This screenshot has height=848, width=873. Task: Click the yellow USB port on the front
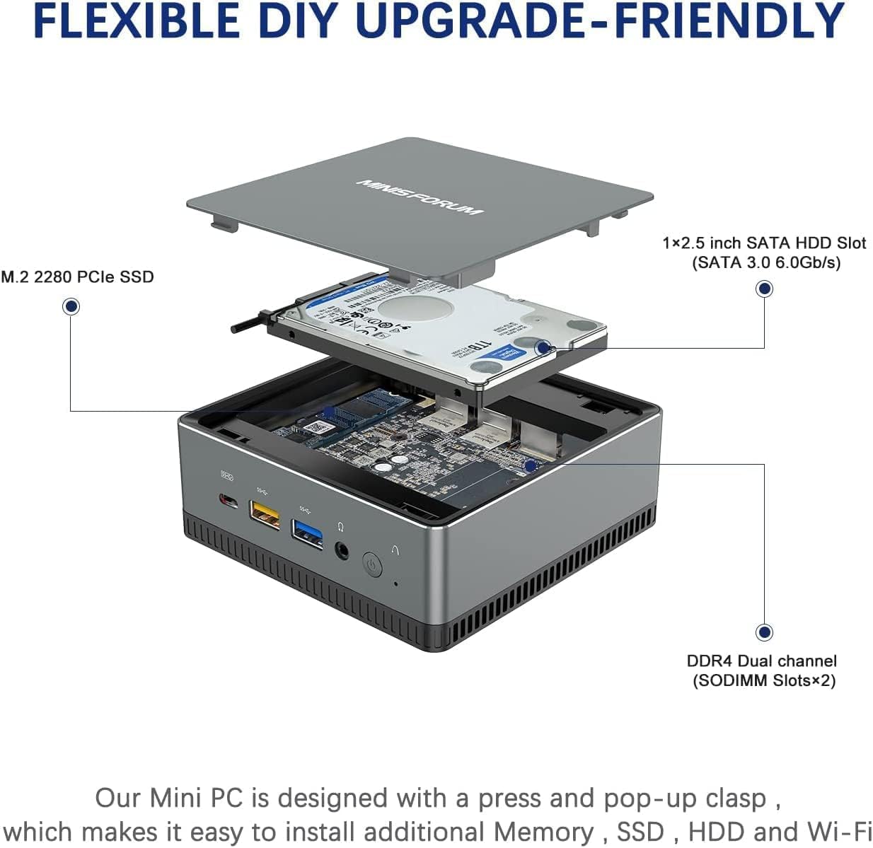tap(265, 516)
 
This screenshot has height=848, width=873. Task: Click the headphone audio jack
tap(343, 550)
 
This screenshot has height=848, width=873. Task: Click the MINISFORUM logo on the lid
tap(420, 196)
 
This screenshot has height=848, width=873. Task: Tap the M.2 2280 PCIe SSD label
tap(77, 277)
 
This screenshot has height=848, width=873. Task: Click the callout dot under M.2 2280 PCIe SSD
tap(71, 306)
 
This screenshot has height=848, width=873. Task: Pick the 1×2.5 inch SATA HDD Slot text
tap(765, 243)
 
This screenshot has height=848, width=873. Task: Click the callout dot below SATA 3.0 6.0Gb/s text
tap(764, 289)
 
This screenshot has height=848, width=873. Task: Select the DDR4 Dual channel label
tap(761, 661)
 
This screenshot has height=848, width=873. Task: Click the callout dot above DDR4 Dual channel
tap(764, 632)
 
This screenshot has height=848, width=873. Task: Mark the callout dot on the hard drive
tap(543, 347)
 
